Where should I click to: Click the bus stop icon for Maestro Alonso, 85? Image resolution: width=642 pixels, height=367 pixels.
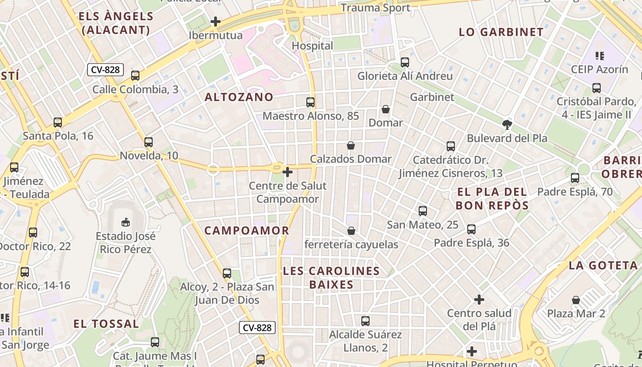pyautogui.click(x=310, y=102)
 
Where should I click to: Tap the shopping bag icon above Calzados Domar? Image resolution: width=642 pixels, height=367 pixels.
pyautogui.click(x=351, y=145)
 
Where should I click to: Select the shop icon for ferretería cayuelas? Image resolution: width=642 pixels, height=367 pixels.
pyautogui.click(x=351, y=230)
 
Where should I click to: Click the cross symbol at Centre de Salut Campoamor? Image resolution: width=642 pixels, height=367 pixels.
pyautogui.click(x=288, y=172)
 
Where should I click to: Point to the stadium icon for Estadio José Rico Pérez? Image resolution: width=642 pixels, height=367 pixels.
pyautogui.click(x=125, y=222)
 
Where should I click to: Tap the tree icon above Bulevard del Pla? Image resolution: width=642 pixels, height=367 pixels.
pyautogui.click(x=507, y=124)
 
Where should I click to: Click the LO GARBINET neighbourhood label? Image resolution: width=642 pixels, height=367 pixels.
pyautogui.click(x=501, y=32)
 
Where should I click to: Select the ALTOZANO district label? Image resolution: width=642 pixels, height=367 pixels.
pyautogui.click(x=239, y=97)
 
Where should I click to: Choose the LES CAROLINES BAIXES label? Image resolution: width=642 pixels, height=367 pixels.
pyautogui.click(x=331, y=278)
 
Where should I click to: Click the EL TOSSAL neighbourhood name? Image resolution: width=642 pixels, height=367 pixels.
pyautogui.click(x=106, y=324)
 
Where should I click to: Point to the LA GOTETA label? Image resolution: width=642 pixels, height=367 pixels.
pyautogui.click(x=603, y=265)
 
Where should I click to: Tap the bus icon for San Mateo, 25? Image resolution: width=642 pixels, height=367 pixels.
pyautogui.click(x=423, y=211)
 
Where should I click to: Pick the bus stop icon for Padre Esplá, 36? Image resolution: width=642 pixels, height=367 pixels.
pyautogui.click(x=471, y=229)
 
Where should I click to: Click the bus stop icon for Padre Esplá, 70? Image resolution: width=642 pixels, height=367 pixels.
pyautogui.click(x=575, y=178)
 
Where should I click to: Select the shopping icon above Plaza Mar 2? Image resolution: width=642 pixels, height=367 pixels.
pyautogui.click(x=576, y=300)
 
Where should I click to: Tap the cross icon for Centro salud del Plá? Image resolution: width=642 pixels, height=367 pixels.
pyautogui.click(x=479, y=300)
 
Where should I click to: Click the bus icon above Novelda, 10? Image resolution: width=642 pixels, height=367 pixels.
pyautogui.click(x=149, y=142)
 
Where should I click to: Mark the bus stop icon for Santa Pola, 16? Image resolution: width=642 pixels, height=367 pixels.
pyautogui.click(x=58, y=122)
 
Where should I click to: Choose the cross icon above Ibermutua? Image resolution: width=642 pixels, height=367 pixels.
pyautogui.click(x=216, y=21)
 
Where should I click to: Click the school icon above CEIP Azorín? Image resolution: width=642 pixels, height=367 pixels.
pyautogui.click(x=599, y=56)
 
